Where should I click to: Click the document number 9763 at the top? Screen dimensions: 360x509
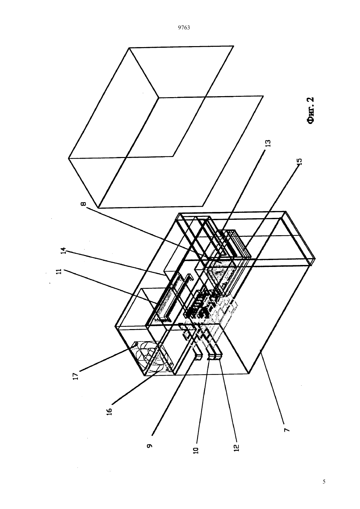pos(184,28)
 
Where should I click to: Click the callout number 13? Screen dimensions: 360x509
pos(268,143)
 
